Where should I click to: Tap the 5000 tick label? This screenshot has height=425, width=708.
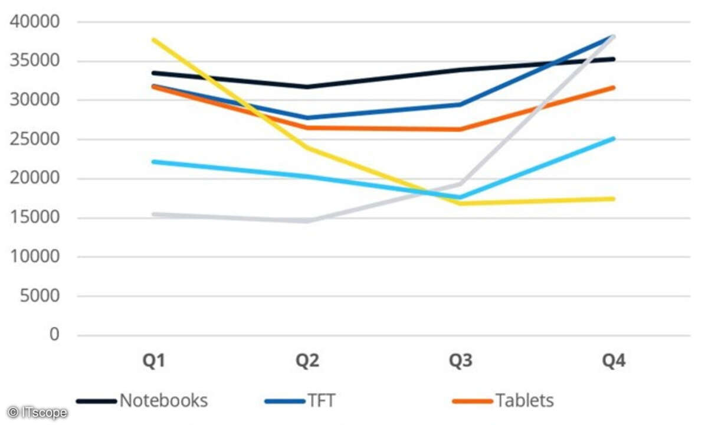40,296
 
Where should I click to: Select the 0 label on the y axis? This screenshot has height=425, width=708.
54,335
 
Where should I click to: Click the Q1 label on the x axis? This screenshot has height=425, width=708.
154,361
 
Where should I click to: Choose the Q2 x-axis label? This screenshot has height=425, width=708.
307,361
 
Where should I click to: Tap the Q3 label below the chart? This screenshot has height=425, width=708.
460,361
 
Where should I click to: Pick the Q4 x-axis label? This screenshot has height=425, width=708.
614,361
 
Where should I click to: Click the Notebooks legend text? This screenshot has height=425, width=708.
163,401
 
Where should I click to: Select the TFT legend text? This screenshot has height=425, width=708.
320,401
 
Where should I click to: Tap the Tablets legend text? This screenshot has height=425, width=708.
524,401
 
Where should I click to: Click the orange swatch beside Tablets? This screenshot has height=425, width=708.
472,401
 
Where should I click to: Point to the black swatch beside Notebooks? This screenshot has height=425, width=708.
97,401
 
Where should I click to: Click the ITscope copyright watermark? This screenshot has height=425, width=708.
37,413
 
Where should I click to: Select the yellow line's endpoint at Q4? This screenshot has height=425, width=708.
614,199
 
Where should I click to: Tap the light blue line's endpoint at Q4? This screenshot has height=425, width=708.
614,139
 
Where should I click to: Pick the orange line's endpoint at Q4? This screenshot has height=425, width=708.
614,88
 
